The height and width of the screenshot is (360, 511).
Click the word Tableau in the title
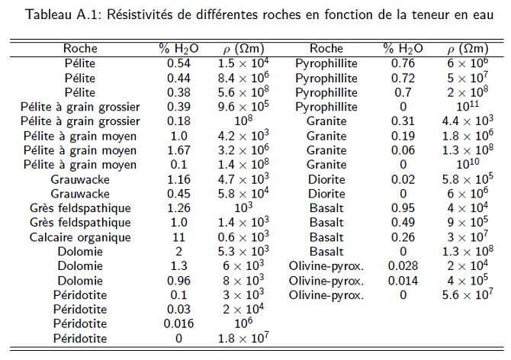click(x=49, y=14)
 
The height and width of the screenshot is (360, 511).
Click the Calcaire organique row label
click(x=80, y=237)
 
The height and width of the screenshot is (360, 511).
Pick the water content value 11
click(x=178, y=237)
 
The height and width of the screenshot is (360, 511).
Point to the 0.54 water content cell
click(x=178, y=63)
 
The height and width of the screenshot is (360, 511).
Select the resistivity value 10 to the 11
click(x=468, y=106)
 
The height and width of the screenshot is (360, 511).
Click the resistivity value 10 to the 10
click(x=468, y=164)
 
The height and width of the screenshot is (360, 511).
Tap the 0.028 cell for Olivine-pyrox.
click(x=403, y=266)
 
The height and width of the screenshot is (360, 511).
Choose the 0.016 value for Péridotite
click(x=178, y=323)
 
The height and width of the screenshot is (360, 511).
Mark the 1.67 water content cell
click(x=178, y=150)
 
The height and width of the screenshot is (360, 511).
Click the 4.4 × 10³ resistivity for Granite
click(x=468, y=121)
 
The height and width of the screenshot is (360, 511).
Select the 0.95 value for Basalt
click(x=403, y=208)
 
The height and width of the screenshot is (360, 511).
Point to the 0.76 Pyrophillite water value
click(x=403, y=63)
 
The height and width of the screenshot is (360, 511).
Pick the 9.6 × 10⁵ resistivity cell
click(x=243, y=106)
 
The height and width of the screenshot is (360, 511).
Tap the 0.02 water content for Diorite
click(x=403, y=179)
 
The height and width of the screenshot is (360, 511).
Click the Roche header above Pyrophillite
click(x=326, y=49)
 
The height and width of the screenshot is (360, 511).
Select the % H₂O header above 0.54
click(x=178, y=49)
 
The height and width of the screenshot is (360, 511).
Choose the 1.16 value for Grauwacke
click(x=178, y=179)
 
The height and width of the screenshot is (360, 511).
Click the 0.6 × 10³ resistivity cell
click(x=243, y=236)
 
